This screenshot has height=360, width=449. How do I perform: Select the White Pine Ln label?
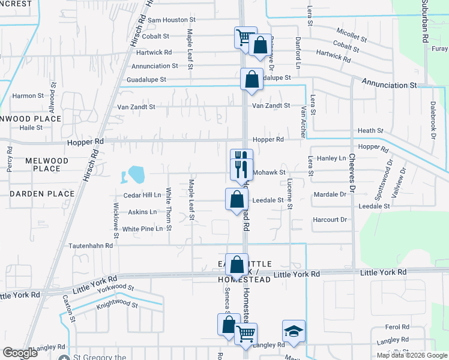(142, 229)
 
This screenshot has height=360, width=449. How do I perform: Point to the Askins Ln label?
(142, 212)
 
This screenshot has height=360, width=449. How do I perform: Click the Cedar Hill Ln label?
(142, 195)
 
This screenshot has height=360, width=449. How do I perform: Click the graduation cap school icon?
(294, 332)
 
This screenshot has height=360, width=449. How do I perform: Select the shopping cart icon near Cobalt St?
(244, 38)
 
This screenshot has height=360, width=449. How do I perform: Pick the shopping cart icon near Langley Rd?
(246, 334)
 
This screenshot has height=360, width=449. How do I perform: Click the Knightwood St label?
(117, 305)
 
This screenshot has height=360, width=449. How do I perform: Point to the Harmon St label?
(28, 95)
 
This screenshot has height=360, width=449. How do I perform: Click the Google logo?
(20, 353)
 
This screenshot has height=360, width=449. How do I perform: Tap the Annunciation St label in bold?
(388, 85)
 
